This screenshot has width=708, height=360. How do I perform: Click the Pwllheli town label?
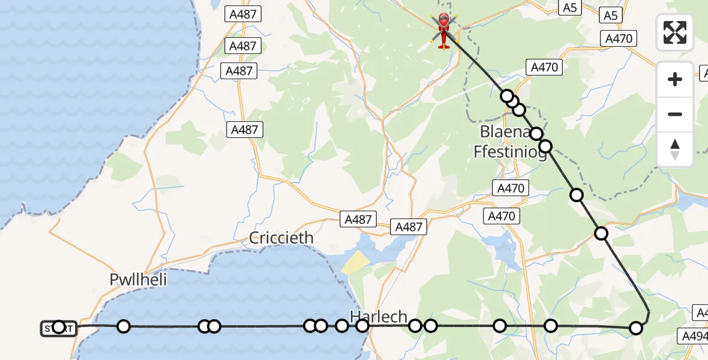point(138,279)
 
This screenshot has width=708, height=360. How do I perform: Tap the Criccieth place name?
point(282,238)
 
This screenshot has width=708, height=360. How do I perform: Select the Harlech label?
point(379,317)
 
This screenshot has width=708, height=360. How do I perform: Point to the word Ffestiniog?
point(510,152)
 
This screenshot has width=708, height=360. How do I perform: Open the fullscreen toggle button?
point(675,32)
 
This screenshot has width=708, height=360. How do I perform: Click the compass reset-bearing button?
point(675,149)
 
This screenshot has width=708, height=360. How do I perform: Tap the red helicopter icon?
point(443,30)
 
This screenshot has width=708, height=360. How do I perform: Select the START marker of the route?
point(58,328)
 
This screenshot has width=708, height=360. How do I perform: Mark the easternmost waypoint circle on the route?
point(636,328)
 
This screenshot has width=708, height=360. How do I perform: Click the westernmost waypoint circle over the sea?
point(123,326)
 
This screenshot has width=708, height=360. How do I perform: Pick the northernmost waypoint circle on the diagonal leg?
point(507,96)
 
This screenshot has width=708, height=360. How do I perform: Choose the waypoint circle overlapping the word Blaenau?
point(536,134)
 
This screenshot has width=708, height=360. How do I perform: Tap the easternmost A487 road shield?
point(409,227)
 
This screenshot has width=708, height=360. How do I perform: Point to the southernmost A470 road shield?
point(503,217)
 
